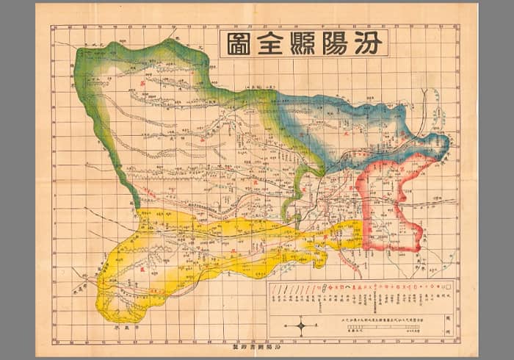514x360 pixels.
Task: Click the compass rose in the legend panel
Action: [303, 325]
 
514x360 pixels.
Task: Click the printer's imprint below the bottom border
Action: [258, 343]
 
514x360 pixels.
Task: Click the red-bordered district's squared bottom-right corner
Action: [420, 246]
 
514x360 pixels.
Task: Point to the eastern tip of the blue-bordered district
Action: [446, 142]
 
